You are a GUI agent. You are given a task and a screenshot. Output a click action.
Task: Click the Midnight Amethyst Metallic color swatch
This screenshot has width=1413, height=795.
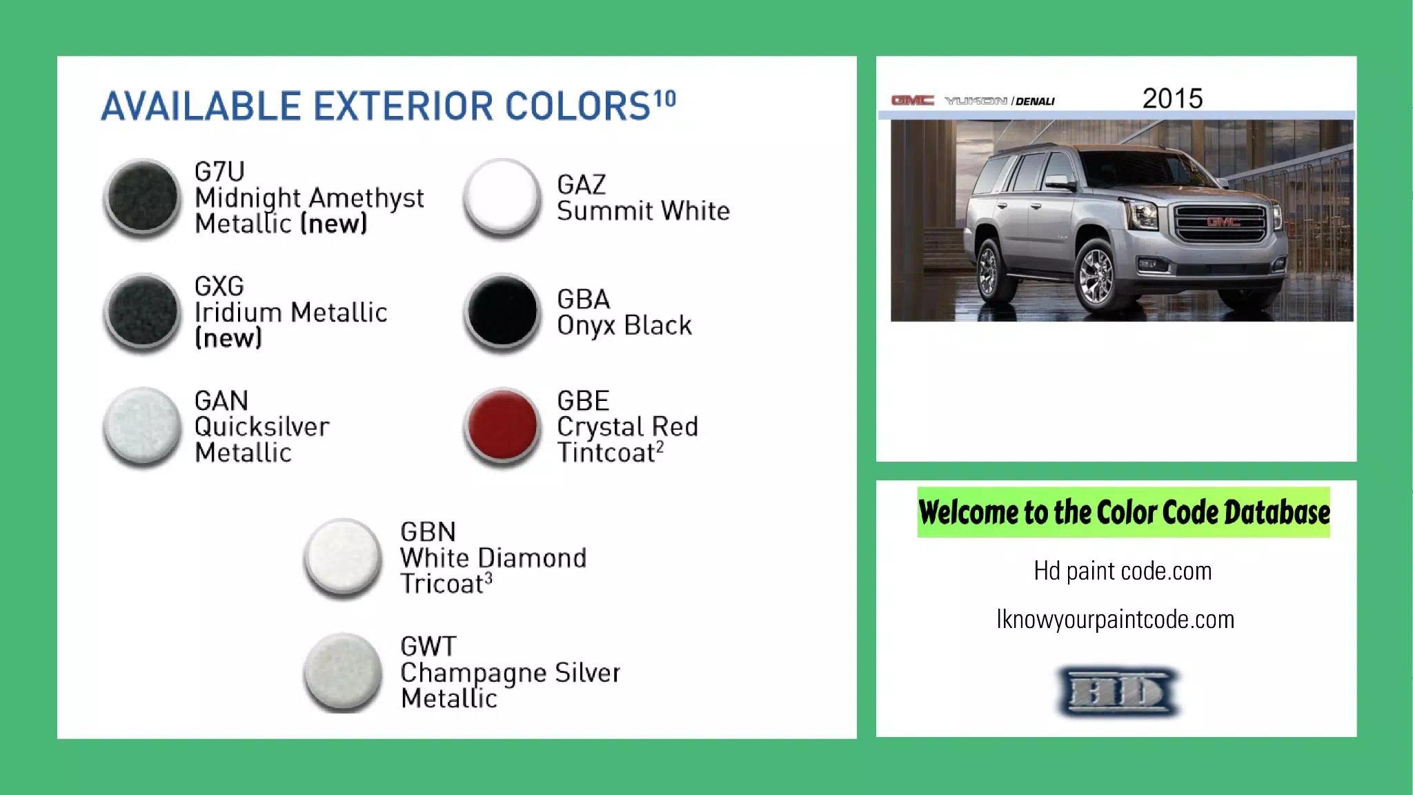(142, 198)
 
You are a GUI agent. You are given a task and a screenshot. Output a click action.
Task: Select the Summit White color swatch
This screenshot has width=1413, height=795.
(502, 197)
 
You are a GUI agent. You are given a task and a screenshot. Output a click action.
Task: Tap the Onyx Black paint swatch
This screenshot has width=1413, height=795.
(502, 312)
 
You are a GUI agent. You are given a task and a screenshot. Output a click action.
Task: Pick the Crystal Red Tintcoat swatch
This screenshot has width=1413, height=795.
(502, 426)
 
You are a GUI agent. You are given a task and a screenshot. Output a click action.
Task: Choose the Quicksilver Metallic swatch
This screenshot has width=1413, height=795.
(142, 426)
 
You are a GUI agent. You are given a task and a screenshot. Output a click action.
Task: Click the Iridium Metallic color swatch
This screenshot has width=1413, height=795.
(142, 312)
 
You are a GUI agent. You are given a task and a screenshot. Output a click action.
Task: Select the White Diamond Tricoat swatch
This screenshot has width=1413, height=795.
(343, 557)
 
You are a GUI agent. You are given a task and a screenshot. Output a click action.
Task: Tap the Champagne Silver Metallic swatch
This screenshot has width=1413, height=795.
(343, 671)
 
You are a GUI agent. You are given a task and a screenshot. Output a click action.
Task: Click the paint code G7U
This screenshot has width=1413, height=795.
(219, 171)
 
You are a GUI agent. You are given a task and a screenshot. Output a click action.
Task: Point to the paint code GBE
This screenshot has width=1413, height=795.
(583, 401)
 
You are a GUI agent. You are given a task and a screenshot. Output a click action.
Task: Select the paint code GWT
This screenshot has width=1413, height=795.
(428, 647)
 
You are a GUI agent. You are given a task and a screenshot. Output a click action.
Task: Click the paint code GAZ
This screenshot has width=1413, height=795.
(581, 185)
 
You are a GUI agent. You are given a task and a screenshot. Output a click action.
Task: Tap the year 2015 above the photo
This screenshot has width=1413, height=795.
(1172, 99)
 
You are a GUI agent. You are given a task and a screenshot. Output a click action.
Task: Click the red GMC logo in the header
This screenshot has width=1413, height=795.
(912, 101)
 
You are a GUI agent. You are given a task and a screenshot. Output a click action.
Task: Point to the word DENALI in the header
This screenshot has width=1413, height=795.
(1036, 101)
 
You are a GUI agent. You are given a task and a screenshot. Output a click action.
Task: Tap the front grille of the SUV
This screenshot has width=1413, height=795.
(1222, 223)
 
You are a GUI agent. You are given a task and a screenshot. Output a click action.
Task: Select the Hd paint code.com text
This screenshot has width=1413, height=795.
(1123, 571)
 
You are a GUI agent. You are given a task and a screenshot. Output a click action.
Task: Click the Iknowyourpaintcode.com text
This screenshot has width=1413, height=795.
(1116, 620)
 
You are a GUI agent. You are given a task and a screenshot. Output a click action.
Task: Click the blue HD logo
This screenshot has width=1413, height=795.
(1117, 692)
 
